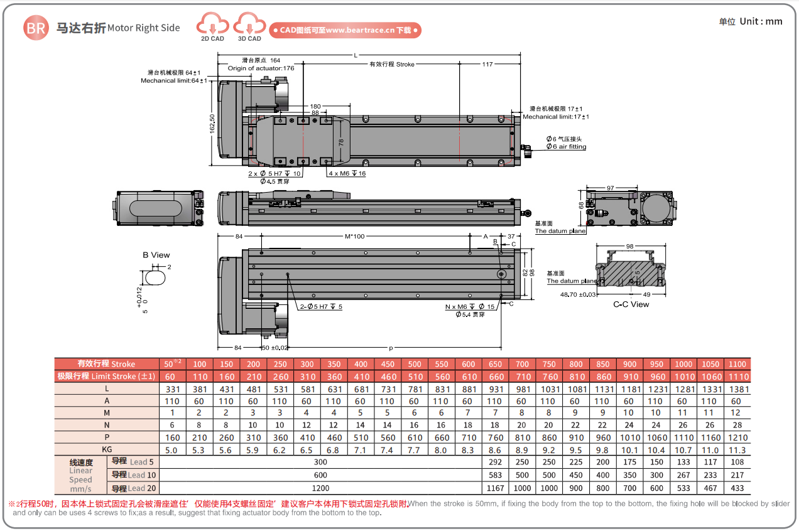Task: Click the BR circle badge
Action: click(x=36, y=28)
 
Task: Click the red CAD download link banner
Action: click(x=345, y=29)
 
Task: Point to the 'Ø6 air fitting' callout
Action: click(x=565, y=147)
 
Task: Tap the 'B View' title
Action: click(x=156, y=255)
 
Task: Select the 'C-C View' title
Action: click(x=631, y=304)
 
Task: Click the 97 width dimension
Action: click(x=610, y=188)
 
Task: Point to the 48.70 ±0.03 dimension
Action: click(x=577, y=294)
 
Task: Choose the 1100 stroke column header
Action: click(x=737, y=364)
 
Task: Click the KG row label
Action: click(x=107, y=449)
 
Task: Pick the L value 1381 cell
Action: click(x=737, y=389)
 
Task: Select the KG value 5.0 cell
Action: click(x=172, y=449)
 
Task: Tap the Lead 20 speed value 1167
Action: click(x=495, y=488)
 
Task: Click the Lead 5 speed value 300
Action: click(x=320, y=462)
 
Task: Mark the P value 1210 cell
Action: click(x=737, y=437)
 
